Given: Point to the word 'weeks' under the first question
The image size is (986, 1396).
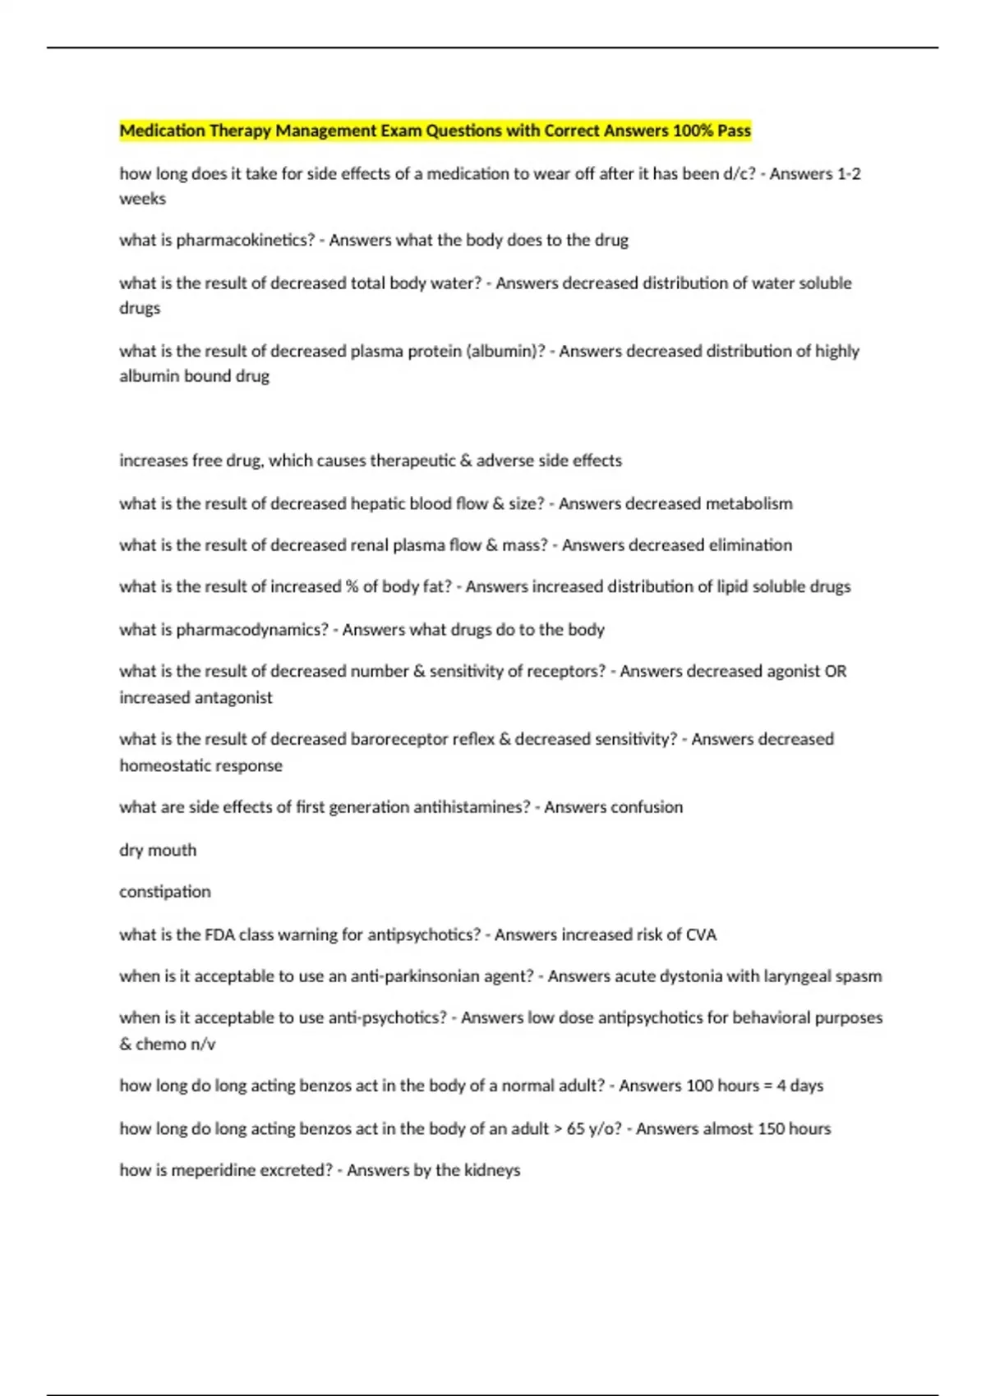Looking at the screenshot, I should coord(142,199).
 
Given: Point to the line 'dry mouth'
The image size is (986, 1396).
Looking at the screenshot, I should coord(158,850).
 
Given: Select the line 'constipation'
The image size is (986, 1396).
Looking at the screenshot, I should coord(164,892).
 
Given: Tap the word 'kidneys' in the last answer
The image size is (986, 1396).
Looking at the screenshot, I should coord(491,1170).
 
